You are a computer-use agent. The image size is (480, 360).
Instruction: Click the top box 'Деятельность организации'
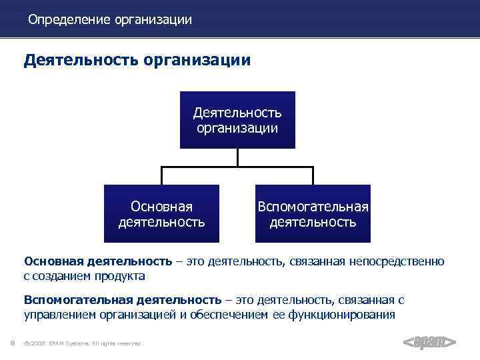pos(237,119)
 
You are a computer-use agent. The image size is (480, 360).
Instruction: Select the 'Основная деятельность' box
pos(161,213)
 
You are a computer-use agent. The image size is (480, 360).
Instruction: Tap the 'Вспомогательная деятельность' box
pos(313,213)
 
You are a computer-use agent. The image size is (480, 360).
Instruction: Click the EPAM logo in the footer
pos(429,343)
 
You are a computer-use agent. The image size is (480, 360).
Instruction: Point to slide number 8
pos(13,343)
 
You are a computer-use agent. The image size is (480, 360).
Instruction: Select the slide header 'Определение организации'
pos(110,20)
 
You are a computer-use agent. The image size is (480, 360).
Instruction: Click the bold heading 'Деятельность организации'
pos(137,61)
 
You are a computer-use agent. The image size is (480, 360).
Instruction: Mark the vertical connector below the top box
pos(237,157)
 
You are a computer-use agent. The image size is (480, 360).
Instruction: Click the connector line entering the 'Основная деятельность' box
pos(161,175)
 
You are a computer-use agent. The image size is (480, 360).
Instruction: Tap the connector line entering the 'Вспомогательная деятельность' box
pos(313,175)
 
